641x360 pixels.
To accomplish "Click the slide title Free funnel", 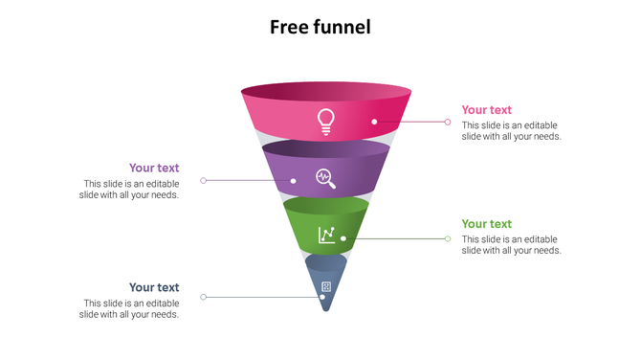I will pyautogui.click(x=320, y=27).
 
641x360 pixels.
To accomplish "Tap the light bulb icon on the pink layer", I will pyautogui.click(x=326, y=121).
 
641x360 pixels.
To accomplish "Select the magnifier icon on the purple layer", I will pyautogui.click(x=325, y=177).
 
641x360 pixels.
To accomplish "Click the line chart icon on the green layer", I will pyautogui.click(x=326, y=235).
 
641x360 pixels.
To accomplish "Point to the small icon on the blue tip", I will pyautogui.click(x=326, y=286).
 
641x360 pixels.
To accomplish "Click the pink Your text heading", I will pyautogui.click(x=486, y=110).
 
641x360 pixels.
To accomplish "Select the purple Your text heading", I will pyautogui.click(x=154, y=169).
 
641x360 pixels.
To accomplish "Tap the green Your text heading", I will pyautogui.click(x=486, y=224).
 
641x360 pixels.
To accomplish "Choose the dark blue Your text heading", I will pyautogui.click(x=154, y=287).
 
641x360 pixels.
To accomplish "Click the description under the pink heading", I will pyautogui.click(x=511, y=131).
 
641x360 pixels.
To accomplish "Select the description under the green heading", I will pyautogui.click(x=511, y=245).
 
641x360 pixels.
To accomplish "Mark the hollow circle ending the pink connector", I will pyautogui.click(x=448, y=122).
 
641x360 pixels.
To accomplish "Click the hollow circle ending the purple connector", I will pyautogui.click(x=203, y=180).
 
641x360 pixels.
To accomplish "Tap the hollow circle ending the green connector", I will pyautogui.click(x=448, y=238).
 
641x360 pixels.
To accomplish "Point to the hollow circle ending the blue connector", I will pyautogui.click(x=203, y=298).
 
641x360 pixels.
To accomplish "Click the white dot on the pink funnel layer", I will pyautogui.click(x=374, y=122).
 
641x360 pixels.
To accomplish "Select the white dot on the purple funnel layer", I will pyautogui.click(x=293, y=180).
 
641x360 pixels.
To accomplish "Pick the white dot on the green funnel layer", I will pyautogui.click(x=343, y=238).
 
